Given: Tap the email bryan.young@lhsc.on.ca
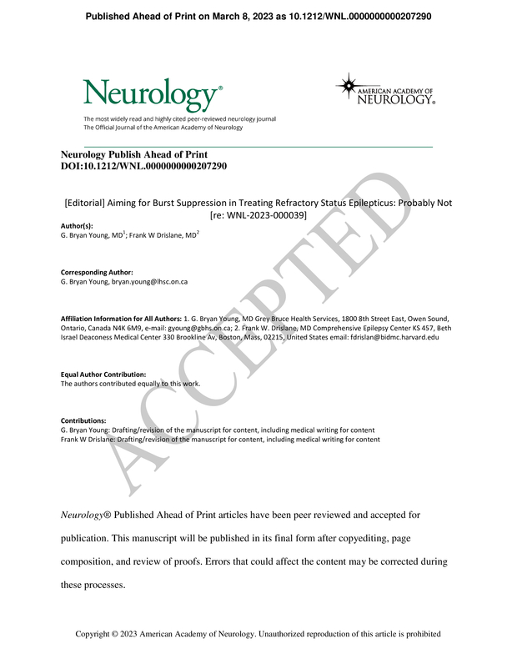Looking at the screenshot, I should pos(153,282).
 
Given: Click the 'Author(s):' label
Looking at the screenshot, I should pos(78,226).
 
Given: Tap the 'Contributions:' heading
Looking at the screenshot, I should pos(84,421).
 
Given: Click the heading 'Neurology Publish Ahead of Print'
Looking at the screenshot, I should pos(134,155).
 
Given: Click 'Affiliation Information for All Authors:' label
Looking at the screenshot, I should pos(120,319).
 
